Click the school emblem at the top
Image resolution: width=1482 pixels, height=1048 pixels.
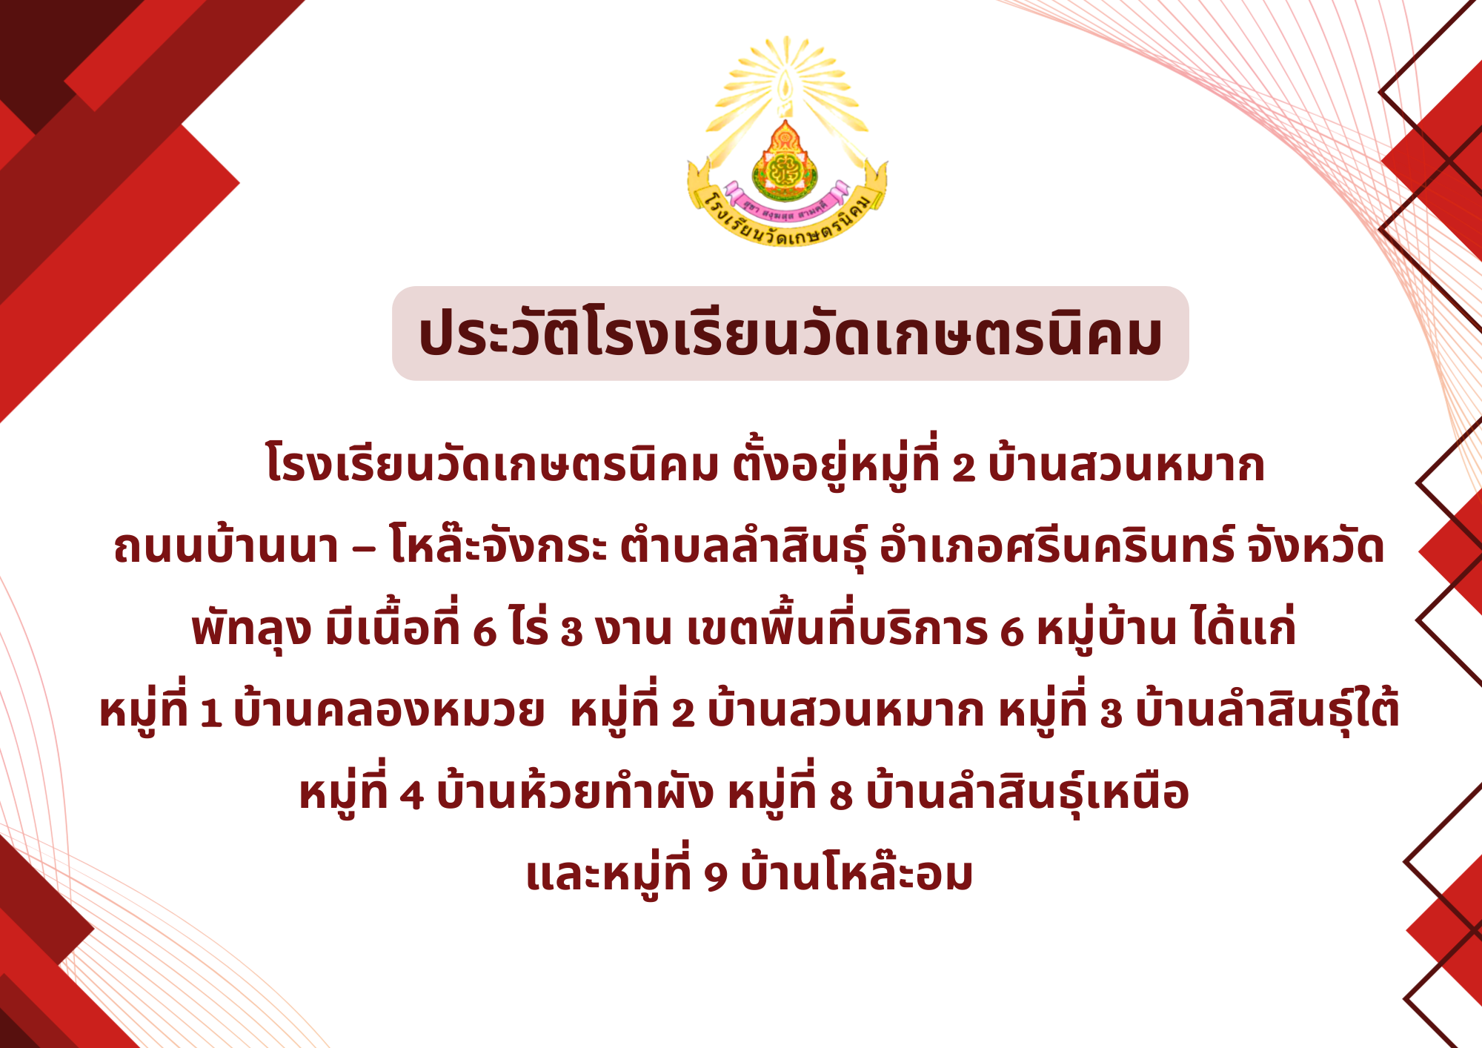click(x=787, y=142)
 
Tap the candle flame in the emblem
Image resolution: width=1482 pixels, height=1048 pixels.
click(x=785, y=86)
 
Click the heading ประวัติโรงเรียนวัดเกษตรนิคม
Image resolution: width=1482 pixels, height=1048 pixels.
click(x=790, y=334)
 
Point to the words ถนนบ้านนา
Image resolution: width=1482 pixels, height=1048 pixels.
click(x=226, y=546)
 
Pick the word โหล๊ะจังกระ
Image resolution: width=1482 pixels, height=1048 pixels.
click(x=498, y=545)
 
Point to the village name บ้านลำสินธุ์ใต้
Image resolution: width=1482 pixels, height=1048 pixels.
click(x=1267, y=708)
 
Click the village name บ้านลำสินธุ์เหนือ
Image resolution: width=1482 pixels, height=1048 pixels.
click(x=1028, y=792)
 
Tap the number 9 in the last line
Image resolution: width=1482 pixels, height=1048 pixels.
click(x=716, y=878)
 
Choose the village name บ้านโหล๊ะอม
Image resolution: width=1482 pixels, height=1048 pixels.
click(x=857, y=872)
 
